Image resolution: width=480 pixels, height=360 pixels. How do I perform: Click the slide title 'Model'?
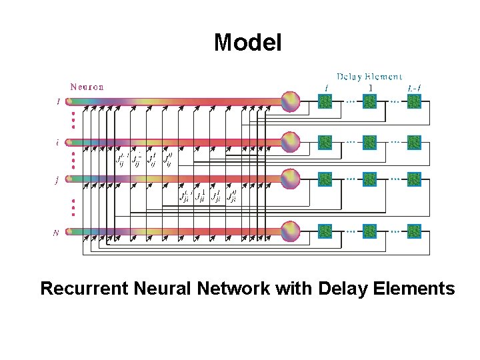(x=247, y=43)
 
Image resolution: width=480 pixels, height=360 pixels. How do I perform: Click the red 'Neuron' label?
(x=87, y=87)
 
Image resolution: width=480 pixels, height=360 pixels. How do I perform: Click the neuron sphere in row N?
(x=291, y=231)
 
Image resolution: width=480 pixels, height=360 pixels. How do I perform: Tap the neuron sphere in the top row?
(x=291, y=101)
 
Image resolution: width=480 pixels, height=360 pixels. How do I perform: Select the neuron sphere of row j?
(x=291, y=179)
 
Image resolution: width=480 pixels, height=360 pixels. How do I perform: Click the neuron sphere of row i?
(x=291, y=142)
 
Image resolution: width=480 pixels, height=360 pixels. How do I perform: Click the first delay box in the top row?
(x=325, y=101)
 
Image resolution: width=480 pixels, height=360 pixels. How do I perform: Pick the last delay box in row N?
(x=414, y=231)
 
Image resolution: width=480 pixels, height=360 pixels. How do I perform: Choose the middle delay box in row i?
(x=369, y=142)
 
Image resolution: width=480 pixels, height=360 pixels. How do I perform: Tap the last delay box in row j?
(x=414, y=179)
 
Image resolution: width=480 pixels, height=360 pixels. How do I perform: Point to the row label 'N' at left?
(x=56, y=233)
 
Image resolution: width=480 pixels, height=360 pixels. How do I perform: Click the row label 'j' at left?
(x=57, y=179)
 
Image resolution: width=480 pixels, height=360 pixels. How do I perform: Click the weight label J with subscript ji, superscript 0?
(x=231, y=196)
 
